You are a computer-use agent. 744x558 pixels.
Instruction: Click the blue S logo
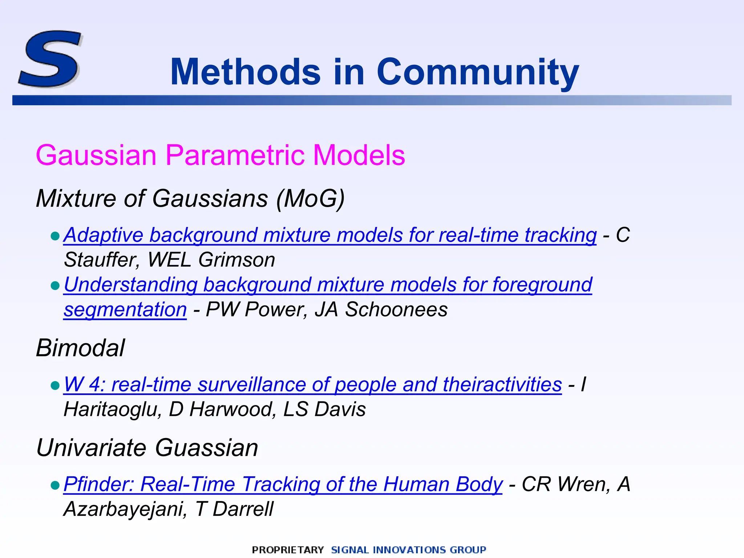pyautogui.click(x=50, y=59)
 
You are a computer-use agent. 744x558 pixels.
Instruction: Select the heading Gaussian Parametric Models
pyautogui.click(x=220, y=155)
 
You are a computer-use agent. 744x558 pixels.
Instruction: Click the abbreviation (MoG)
pyautogui.click(x=310, y=199)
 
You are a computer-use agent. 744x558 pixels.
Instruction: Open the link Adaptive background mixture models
pyautogui.click(x=330, y=235)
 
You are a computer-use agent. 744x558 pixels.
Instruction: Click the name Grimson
pyautogui.click(x=236, y=260)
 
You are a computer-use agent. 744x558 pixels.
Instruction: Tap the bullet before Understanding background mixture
pyautogui.click(x=55, y=286)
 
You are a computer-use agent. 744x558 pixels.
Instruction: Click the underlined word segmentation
pyautogui.click(x=125, y=310)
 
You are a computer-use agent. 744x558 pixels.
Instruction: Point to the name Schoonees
pyautogui.click(x=396, y=310)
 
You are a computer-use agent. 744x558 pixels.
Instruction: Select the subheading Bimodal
pyautogui.click(x=80, y=348)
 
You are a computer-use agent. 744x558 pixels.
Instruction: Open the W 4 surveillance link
pyautogui.click(x=312, y=384)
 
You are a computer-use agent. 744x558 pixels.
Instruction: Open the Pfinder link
pyautogui.click(x=283, y=484)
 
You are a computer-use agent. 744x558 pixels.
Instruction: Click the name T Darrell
pyautogui.click(x=234, y=509)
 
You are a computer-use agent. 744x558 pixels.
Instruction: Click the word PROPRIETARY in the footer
pyautogui.click(x=287, y=550)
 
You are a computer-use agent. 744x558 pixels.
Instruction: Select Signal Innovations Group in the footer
pyautogui.click(x=408, y=550)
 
